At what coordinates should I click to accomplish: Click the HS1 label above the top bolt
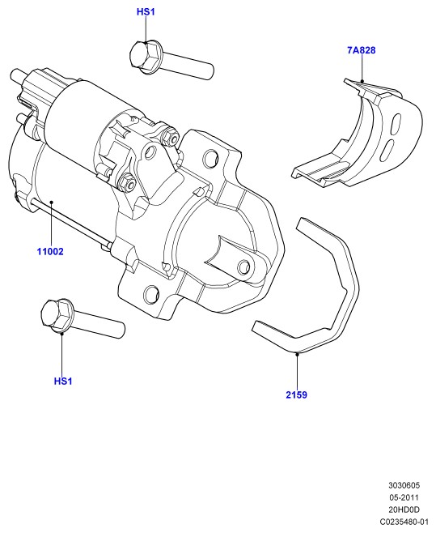[x=146, y=12]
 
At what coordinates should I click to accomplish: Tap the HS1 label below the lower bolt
[x=63, y=381]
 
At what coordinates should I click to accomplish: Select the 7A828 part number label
[x=362, y=50]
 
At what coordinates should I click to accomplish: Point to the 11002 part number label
[x=50, y=252]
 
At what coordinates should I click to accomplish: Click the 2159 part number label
[x=296, y=394]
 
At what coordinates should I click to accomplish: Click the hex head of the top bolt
[x=146, y=55]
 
